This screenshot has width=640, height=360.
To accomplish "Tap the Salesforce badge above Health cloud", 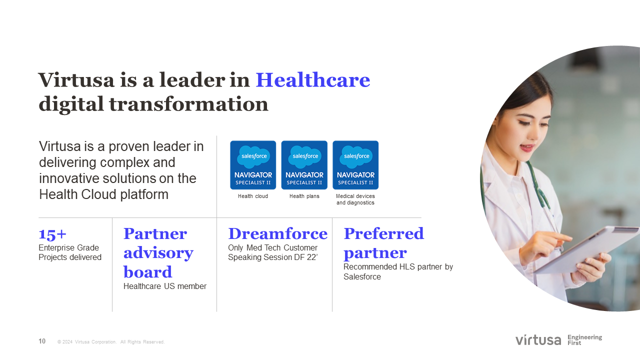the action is [253, 165].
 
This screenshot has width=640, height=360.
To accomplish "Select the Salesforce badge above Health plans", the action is [304, 165].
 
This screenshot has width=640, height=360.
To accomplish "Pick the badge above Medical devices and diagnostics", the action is [355, 165].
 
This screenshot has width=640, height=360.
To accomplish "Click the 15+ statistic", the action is [52, 234].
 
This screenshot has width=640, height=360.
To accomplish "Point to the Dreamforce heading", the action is [277, 233].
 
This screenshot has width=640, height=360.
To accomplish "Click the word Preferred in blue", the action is [383, 233].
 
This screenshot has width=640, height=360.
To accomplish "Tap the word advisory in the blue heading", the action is [158, 253].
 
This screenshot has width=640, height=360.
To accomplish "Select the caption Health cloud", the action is [253, 196].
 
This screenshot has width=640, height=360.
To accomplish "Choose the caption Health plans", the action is [304, 196].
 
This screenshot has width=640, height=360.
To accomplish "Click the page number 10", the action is [42, 341].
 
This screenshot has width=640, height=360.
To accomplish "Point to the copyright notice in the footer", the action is [111, 341].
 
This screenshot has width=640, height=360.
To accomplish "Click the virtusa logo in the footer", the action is [538, 340].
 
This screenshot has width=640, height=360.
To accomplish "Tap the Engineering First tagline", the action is [584, 340].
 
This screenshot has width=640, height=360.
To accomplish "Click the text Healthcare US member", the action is [165, 286].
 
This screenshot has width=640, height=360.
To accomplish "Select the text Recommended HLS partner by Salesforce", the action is [398, 271].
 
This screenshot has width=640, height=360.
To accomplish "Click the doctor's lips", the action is [526, 147].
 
